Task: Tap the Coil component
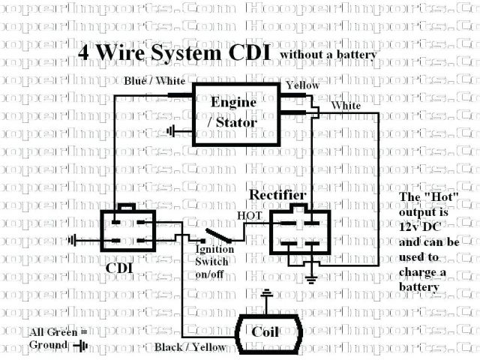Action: coord(268,332)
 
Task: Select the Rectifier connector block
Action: coord(298,236)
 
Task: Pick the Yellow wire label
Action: coord(301,85)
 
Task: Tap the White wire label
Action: coord(345,106)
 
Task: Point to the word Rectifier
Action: coord(279,195)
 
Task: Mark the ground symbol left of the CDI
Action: coord(73,241)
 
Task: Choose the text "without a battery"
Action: coord(328,55)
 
